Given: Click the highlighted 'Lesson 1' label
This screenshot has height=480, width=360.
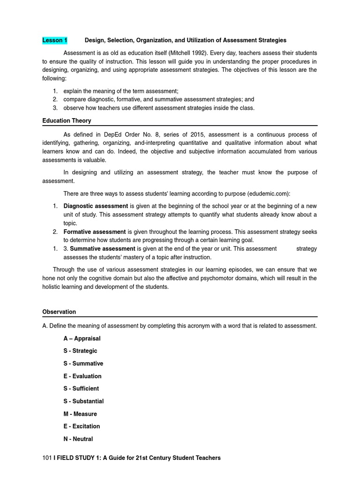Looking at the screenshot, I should coord(55,40).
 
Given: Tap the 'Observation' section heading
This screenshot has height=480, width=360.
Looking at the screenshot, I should coord(59,312).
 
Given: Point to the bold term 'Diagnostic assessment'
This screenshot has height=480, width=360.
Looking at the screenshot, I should coord(96,206).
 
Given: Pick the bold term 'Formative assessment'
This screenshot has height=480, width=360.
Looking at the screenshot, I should coord(95,232).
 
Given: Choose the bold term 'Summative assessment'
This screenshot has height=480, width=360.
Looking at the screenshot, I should coord(103,248).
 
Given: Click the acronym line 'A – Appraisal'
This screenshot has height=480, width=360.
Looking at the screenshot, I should coord(82,338).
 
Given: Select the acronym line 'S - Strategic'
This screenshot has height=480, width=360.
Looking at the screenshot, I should coord(80,351).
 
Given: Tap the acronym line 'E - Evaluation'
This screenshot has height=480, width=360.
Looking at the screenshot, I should coord(82,376).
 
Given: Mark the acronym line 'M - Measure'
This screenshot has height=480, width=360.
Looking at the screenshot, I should coord(80,414).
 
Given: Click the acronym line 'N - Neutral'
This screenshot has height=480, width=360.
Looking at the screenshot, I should coord(78,439).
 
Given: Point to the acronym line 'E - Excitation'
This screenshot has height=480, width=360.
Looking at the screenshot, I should coord(82,426).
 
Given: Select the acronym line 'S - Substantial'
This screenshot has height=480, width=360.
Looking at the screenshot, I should coord(83,401).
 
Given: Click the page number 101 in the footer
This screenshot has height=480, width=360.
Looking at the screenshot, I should coord(46,457).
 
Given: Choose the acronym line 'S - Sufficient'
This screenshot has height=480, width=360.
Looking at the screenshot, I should coord(81,389).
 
